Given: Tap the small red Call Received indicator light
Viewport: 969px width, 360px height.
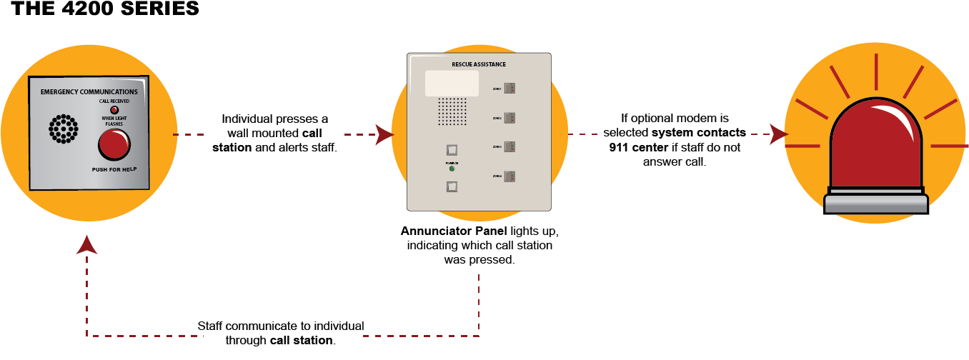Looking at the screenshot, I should pyautogui.click(x=114, y=110).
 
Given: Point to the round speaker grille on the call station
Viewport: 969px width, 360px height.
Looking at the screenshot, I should pyautogui.click(x=63, y=129).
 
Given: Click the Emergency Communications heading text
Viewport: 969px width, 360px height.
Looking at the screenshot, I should pyautogui.click(x=89, y=92).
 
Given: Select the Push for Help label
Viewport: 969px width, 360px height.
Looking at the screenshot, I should pyautogui.click(x=114, y=170).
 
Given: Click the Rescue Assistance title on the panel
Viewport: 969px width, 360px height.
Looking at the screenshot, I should pyautogui.click(x=479, y=64).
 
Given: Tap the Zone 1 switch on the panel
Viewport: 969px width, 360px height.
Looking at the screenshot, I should pyautogui.click(x=510, y=89).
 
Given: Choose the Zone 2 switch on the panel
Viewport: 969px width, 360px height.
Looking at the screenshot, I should pyautogui.click(x=510, y=117).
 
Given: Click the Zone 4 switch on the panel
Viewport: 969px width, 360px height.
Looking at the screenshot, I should pyautogui.click(x=510, y=175).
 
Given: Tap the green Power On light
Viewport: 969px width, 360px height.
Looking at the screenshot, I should pyautogui.click(x=451, y=169).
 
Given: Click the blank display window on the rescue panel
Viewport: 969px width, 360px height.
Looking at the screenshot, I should pyautogui.click(x=452, y=83).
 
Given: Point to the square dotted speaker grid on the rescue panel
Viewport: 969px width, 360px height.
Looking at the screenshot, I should pyautogui.click(x=452, y=111).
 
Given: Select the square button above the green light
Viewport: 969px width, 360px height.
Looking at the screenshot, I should pyautogui.click(x=451, y=150).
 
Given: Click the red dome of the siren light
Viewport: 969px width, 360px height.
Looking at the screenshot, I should pyautogui.click(x=875, y=146).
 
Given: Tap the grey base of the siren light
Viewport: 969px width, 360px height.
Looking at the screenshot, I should pyautogui.click(x=875, y=202).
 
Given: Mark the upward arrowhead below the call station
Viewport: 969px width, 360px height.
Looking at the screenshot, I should pyautogui.click(x=87, y=244).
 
